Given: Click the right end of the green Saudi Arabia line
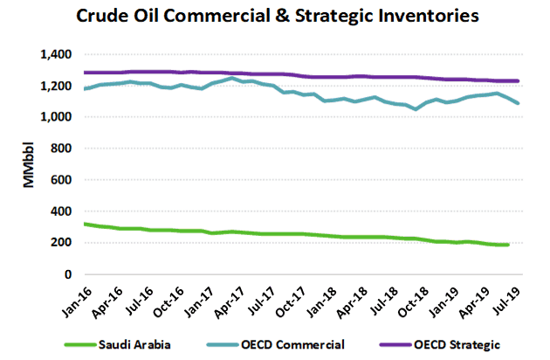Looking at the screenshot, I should (508, 245).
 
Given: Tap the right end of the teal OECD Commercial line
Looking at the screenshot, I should (519, 103).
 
